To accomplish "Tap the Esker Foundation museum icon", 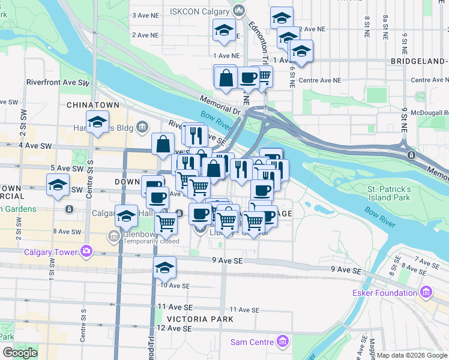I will pyautogui.click(x=427, y=293).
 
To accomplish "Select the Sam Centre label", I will pyautogui.click(x=253, y=342).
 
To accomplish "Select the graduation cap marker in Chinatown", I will pyautogui.click(x=97, y=123).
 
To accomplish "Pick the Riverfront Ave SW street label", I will pyautogui.click(x=58, y=83).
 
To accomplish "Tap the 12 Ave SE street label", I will pyautogui.click(x=174, y=329).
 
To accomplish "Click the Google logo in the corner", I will pyautogui.click(x=19, y=353).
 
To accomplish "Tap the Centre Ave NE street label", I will pyautogui.click(x=319, y=80).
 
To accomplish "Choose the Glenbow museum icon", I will pyautogui.click(x=113, y=236).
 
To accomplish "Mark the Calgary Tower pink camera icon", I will pyautogui.click(x=87, y=250).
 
